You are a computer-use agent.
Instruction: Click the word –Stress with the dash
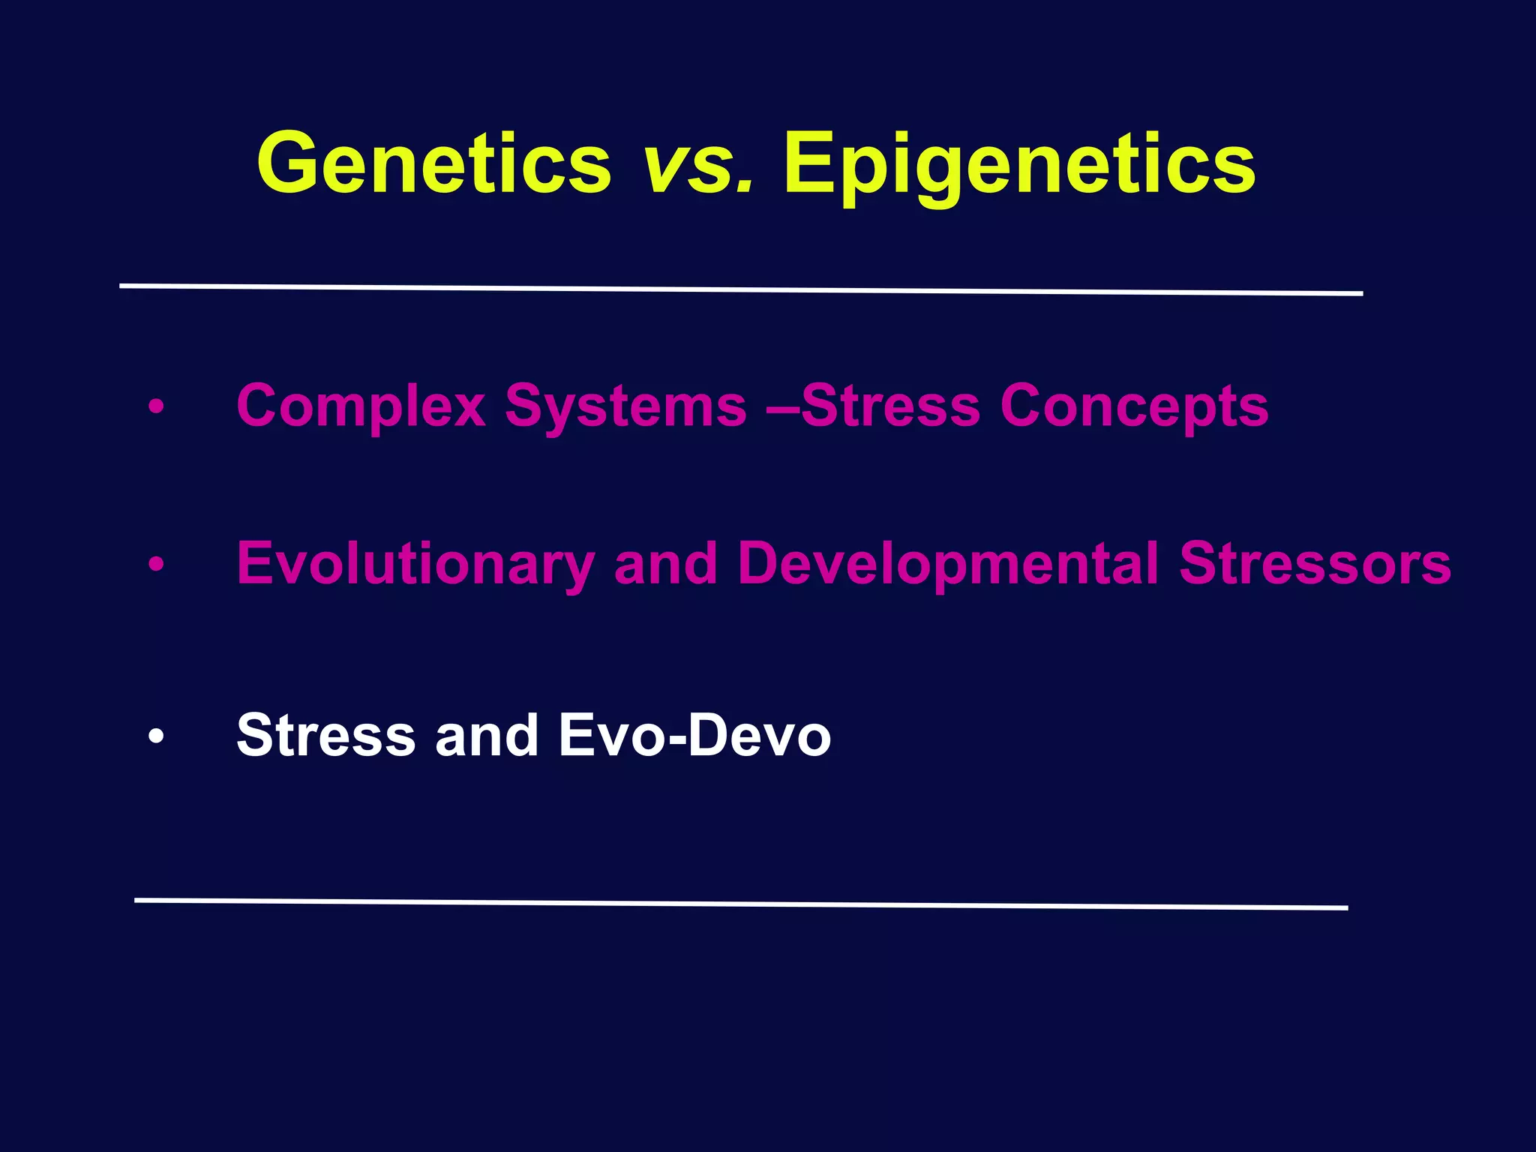tap(874, 406)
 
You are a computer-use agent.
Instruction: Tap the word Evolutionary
tap(415, 564)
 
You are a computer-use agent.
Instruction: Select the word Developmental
tap(948, 564)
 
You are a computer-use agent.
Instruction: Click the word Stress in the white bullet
tap(325, 735)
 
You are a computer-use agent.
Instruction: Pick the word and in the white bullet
tap(486, 735)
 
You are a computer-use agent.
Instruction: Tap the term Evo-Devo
tap(694, 735)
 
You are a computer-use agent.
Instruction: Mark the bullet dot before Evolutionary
tap(155, 564)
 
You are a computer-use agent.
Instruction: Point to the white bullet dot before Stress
tap(155, 736)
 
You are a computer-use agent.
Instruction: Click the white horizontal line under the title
tap(741, 289)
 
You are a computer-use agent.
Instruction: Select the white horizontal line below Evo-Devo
tap(741, 904)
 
